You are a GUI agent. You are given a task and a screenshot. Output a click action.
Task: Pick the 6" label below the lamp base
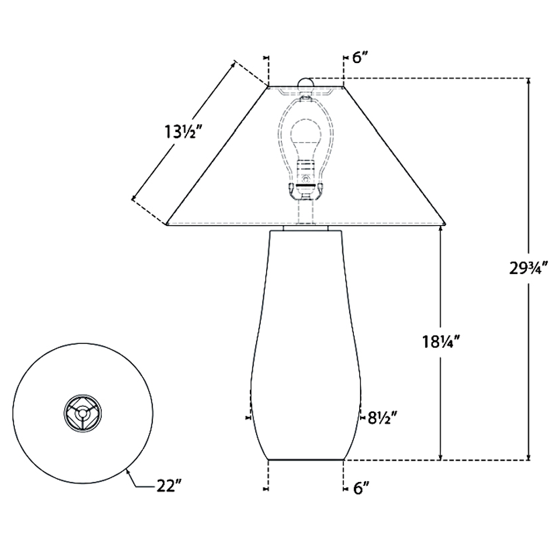(361, 489)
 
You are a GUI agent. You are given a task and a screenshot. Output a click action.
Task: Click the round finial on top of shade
(306, 82)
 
